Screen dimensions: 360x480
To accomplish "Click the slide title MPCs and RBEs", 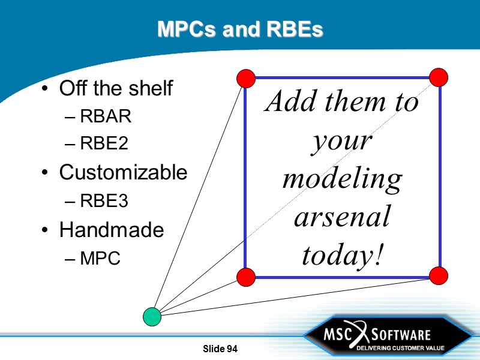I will pyautogui.click(x=240, y=29).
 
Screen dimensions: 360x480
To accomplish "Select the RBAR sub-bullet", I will pyautogui.click(x=105, y=117).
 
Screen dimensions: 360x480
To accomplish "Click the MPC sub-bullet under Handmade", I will pyautogui.click(x=100, y=259).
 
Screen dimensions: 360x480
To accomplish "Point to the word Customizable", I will pyautogui.click(x=123, y=173).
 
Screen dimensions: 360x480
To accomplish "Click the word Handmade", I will pyautogui.click(x=111, y=230).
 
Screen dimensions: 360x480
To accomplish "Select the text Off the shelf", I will pyautogui.click(x=116, y=89).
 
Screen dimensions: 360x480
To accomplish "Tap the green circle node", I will pyautogui.click(x=152, y=316).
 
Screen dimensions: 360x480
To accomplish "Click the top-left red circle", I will pyautogui.click(x=246, y=78).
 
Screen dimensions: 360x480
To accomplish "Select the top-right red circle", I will pyautogui.click(x=439, y=77).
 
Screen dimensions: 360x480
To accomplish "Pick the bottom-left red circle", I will pyautogui.click(x=246, y=277).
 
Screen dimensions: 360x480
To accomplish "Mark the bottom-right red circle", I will pyautogui.click(x=439, y=275).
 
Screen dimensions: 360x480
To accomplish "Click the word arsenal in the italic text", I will pyautogui.click(x=342, y=217).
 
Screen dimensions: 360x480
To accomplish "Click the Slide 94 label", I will pyautogui.click(x=220, y=349).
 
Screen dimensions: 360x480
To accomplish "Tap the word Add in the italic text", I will pyautogui.click(x=290, y=102).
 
